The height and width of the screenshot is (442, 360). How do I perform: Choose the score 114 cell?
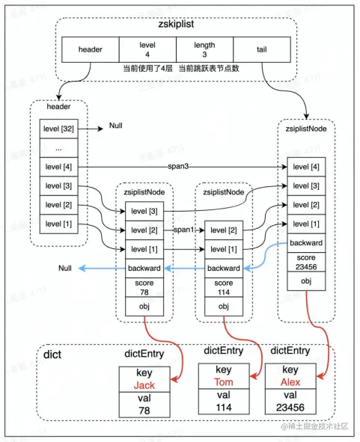click(223, 288)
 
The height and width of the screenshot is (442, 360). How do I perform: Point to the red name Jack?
click(144, 385)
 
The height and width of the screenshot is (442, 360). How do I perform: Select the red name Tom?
click(222, 382)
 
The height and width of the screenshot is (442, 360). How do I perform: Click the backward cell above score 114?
click(223, 268)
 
